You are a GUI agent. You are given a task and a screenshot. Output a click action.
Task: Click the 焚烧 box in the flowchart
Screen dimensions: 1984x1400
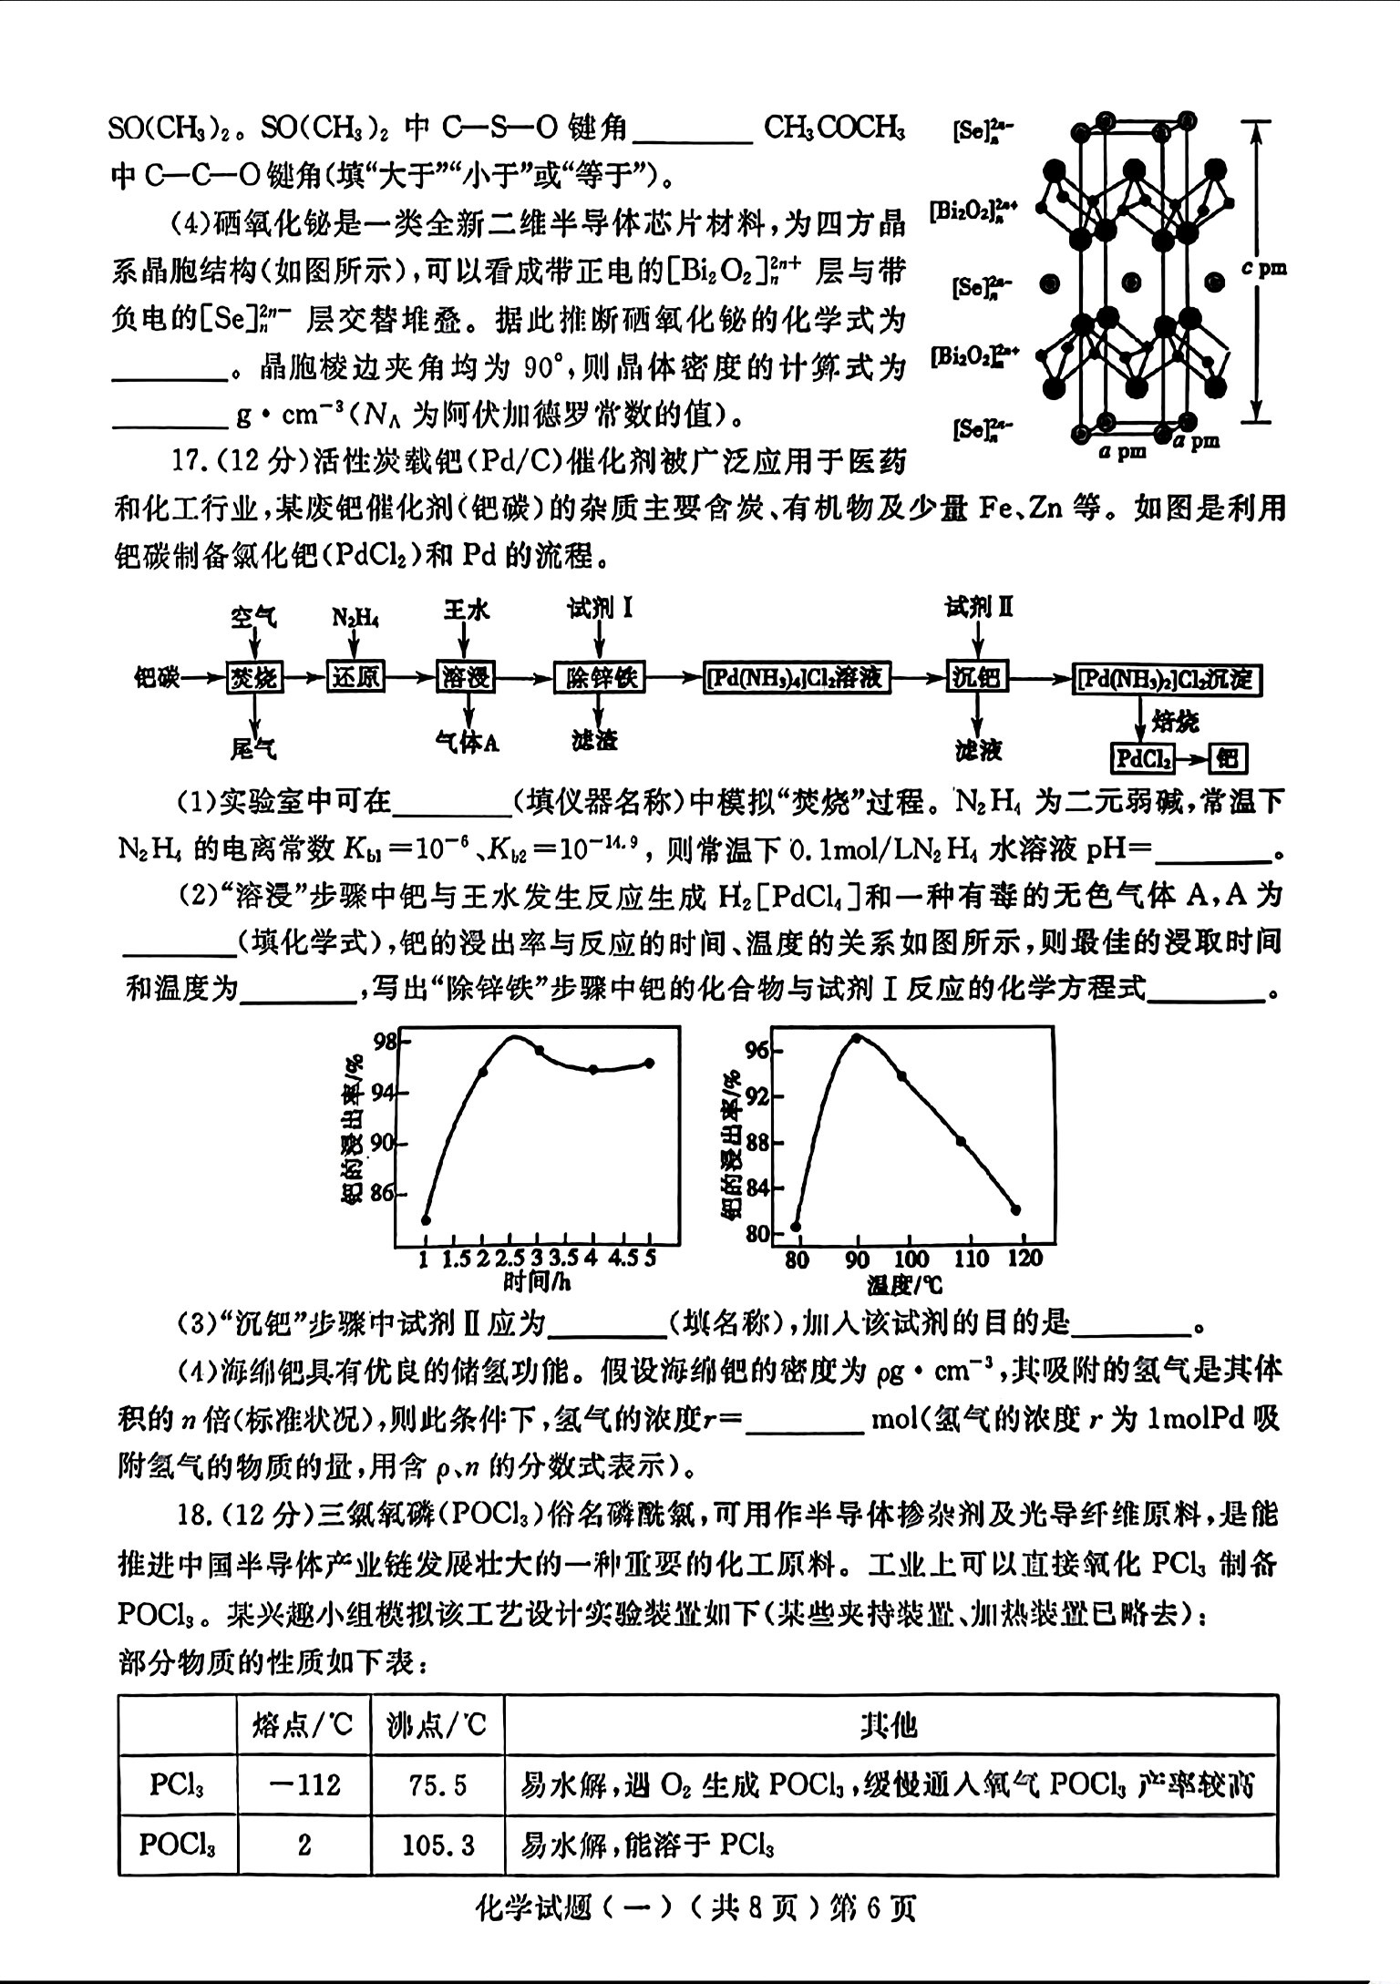(254, 678)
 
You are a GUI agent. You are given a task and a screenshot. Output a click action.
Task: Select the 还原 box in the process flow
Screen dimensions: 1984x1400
(355, 678)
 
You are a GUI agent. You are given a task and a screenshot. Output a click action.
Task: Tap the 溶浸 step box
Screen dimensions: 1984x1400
(467, 678)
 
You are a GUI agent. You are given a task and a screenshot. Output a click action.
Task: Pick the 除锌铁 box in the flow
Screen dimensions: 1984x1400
(599, 678)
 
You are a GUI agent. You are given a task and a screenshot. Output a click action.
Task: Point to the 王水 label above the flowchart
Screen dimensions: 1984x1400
(467, 610)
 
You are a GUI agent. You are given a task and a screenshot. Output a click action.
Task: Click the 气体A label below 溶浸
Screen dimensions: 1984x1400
(467, 743)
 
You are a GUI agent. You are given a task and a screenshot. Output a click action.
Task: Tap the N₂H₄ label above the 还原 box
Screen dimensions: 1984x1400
(355, 617)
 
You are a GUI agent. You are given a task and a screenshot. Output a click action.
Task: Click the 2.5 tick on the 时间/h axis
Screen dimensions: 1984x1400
(512, 1259)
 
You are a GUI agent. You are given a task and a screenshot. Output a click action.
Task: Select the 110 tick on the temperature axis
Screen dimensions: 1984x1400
(970, 1259)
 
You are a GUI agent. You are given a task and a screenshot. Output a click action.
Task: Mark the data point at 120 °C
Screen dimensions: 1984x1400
(1016, 1210)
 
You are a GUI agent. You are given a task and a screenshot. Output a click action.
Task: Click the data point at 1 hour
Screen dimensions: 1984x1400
(426, 1220)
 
